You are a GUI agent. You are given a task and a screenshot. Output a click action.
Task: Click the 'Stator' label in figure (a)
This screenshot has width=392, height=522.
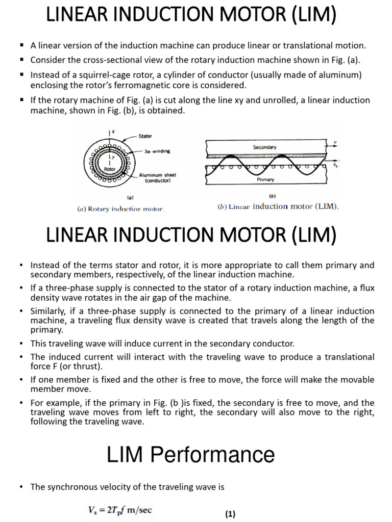pos(145,136)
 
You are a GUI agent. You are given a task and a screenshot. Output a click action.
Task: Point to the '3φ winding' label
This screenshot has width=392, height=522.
pos(158,151)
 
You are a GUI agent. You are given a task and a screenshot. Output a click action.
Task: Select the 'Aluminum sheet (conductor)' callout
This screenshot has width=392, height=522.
pos(158,177)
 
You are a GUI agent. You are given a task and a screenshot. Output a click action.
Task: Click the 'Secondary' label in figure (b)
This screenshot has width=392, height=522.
pos(264,147)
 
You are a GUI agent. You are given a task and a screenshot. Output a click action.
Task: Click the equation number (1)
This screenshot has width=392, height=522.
pos(230,514)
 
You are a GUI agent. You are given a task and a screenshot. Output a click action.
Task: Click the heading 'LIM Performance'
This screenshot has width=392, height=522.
pos(190,454)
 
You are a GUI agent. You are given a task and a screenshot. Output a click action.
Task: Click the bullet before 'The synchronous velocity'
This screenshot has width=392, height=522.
pos(21,487)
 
